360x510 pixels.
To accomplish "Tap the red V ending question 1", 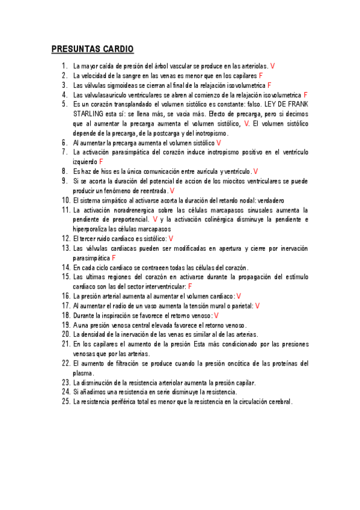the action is click(x=273, y=66).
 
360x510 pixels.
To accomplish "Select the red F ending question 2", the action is click(x=261, y=75).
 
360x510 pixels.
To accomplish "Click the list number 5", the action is click(x=64, y=103).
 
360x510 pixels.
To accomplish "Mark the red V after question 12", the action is click(x=171, y=239).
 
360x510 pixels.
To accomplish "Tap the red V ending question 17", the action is click(x=257, y=306).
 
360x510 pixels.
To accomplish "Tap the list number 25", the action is click(x=66, y=402).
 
